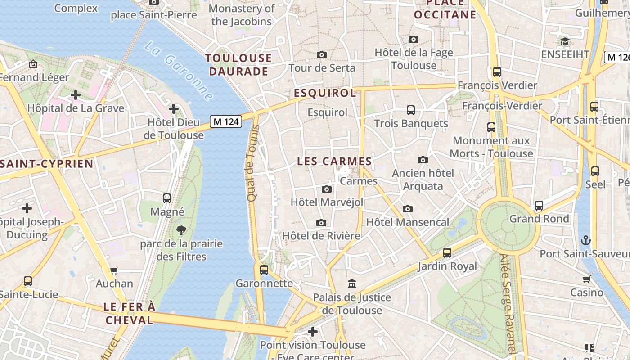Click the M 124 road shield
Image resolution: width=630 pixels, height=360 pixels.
(226, 121)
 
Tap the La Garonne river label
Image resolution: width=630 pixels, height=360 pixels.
(179, 71)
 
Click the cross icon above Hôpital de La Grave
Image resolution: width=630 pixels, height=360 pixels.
(76, 95)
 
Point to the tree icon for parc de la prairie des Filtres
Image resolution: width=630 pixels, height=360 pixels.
(181, 230)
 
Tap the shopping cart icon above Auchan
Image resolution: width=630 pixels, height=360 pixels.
(114, 270)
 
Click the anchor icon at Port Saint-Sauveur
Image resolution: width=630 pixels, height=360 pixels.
(585, 240)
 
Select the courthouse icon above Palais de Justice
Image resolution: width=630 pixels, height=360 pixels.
(352, 284)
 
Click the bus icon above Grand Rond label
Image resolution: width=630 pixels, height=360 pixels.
(539, 206)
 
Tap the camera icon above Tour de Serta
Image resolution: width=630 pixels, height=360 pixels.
(322, 55)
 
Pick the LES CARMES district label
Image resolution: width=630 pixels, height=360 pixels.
(334, 162)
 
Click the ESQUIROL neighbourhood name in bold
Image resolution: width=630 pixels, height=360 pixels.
(325, 93)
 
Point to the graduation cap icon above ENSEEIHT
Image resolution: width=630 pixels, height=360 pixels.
(565, 42)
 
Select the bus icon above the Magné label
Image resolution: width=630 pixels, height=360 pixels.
(167, 198)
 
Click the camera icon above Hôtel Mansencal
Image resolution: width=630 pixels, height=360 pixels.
(408, 209)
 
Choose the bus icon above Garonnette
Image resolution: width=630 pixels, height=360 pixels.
(264, 270)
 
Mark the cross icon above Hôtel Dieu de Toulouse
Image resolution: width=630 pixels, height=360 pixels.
(174, 109)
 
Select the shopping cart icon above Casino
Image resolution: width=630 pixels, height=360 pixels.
(586, 279)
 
